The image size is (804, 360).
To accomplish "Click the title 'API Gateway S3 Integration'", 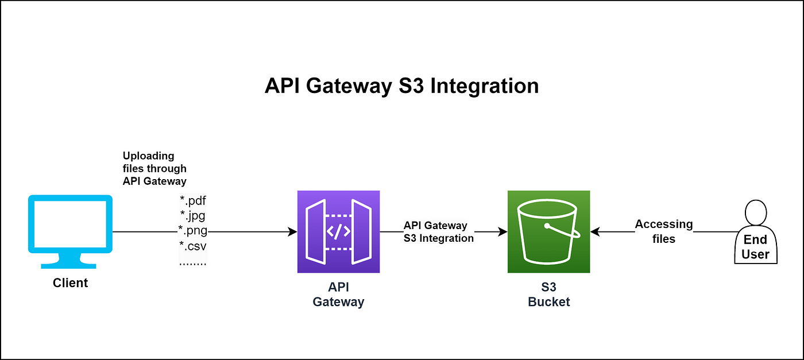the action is coord(401,86).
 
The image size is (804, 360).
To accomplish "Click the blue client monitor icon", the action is coord(70,231).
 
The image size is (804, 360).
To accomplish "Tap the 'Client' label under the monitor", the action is coord(70,283).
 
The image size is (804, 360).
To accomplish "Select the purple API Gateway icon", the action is coord(338,231).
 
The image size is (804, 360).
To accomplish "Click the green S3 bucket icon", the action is coord(549,231).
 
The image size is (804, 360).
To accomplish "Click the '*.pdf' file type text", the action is coord(193,200).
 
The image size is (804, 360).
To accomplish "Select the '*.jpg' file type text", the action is coord(193,215).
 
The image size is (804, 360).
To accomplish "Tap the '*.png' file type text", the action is coord(193,230).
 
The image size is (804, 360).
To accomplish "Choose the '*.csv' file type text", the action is coord(193,246).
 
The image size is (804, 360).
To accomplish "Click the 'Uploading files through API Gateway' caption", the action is coord(154,168).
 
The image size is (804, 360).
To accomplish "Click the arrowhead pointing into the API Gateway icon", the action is coord(293,232).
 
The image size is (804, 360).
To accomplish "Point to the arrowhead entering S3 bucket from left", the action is coord(503,232).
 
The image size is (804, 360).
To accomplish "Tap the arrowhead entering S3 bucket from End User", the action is coord(595,232).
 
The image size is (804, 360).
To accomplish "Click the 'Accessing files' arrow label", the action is coord(664,231).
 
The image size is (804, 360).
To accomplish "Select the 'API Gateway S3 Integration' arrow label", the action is coord(439,232).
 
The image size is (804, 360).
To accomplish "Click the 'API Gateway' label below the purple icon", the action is coord(338,295).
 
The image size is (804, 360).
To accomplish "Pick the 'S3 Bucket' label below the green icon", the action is coord(549,295).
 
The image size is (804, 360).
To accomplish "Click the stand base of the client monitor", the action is coord(68,266).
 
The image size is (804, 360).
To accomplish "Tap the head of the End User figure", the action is coord(756,212).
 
